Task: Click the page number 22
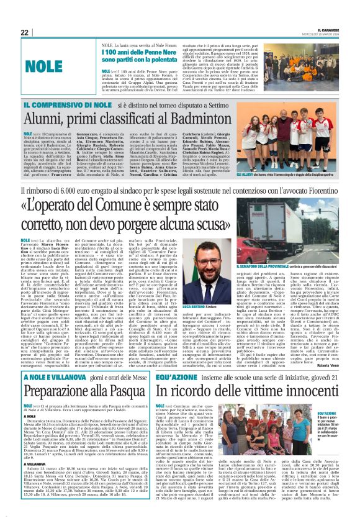pyautogui.click(x=24, y=32)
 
